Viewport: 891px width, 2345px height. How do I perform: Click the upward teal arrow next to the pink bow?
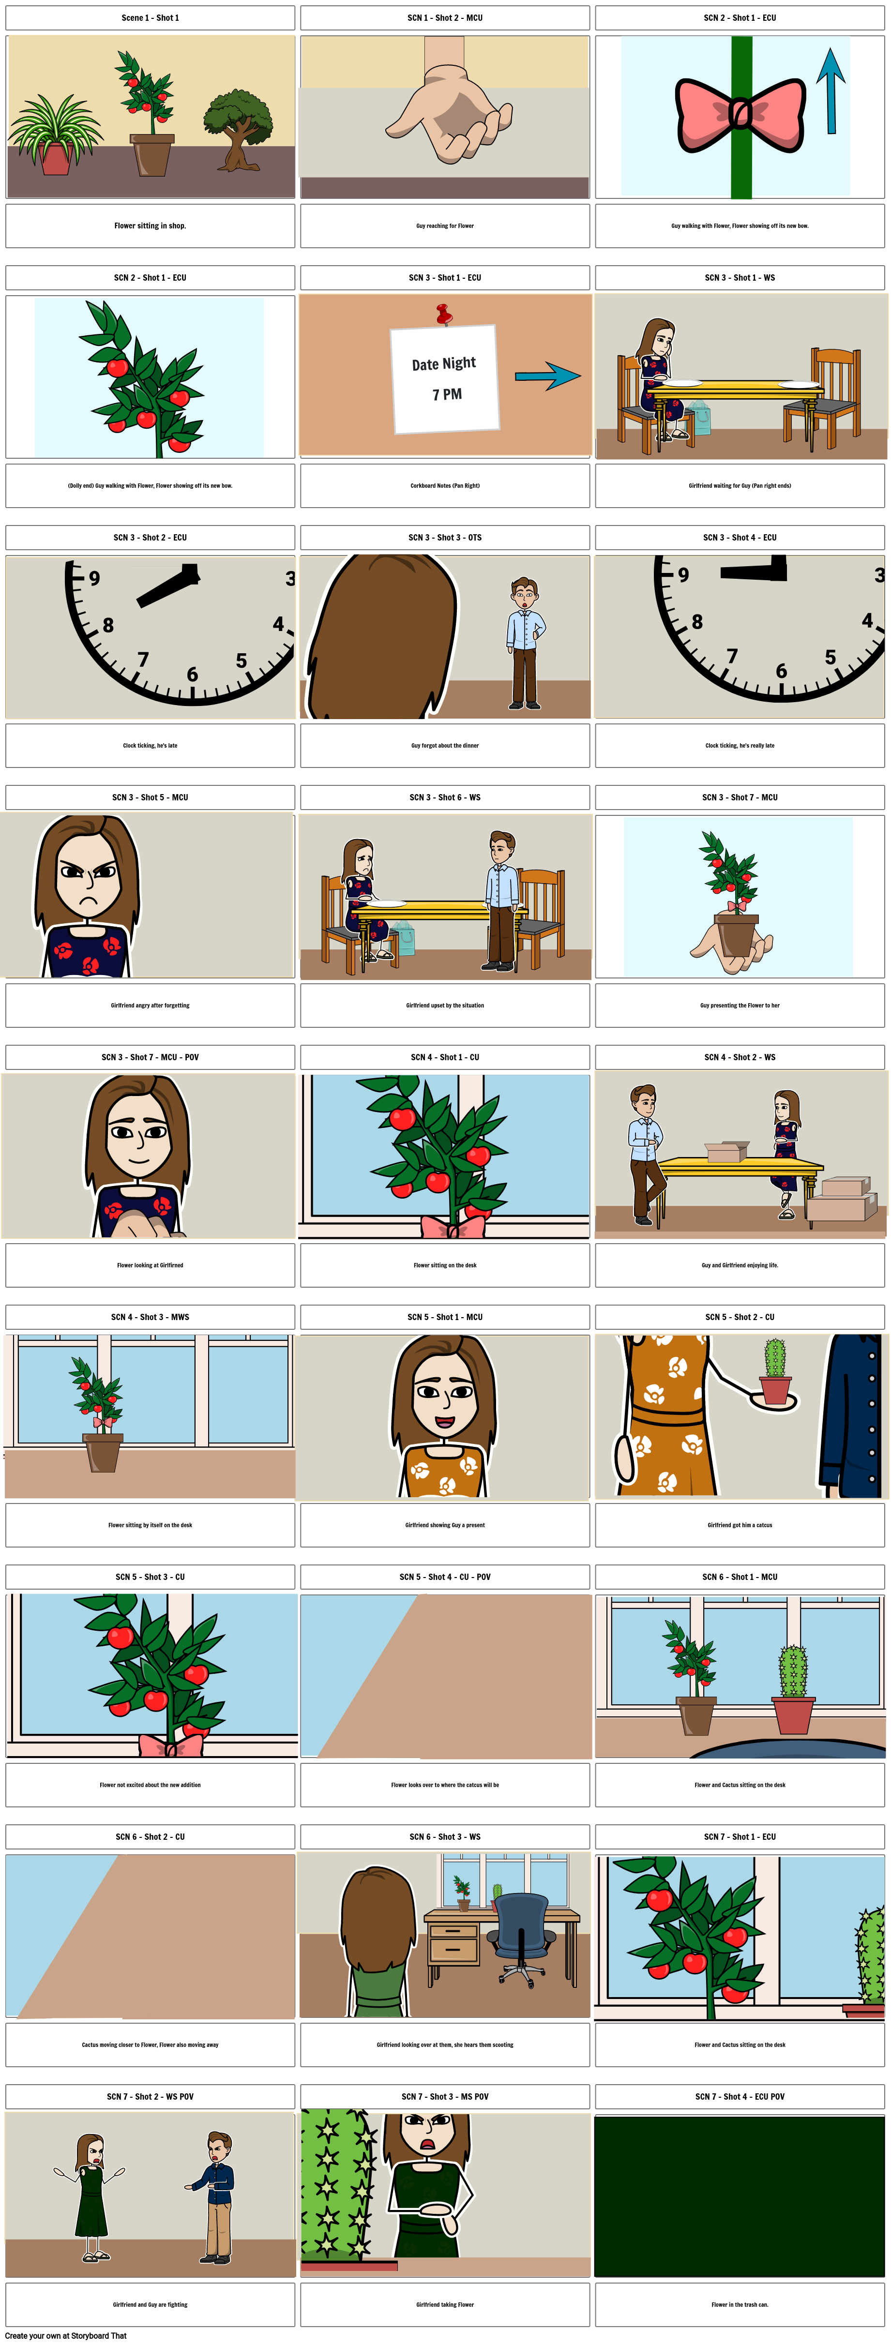coord(830,91)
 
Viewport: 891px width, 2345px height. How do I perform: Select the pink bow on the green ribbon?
coord(740,114)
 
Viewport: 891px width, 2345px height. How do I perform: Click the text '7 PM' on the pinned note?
coord(447,394)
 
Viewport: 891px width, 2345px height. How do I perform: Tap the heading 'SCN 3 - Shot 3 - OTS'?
coord(445,537)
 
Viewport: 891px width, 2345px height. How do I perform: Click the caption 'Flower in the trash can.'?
coord(740,2304)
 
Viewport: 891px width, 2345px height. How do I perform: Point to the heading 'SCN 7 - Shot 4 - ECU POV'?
coord(740,2096)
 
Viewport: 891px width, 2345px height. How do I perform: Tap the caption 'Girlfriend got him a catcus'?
coord(740,1525)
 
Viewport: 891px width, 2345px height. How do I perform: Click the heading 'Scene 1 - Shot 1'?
coord(150,17)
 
